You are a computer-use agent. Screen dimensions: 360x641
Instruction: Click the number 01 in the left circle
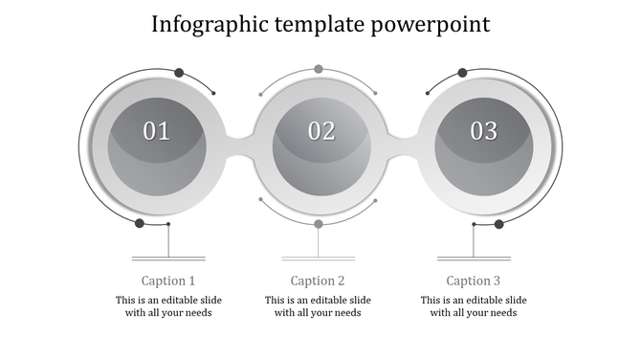click(156, 131)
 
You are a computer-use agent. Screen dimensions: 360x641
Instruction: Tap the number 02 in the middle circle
click(321, 131)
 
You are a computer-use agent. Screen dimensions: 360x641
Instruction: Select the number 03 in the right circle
click(483, 131)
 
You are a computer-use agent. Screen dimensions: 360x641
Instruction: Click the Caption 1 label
click(168, 281)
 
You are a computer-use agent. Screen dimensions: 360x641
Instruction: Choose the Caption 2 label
click(318, 281)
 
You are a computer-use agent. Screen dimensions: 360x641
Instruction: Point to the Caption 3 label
click(474, 281)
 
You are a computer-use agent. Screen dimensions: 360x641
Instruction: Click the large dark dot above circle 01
click(179, 72)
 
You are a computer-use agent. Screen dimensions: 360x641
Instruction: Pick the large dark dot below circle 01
click(140, 223)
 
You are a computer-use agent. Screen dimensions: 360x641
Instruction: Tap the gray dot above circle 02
click(319, 69)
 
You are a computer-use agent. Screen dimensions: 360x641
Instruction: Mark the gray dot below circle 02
click(319, 223)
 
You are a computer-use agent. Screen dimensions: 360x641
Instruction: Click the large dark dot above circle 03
click(462, 72)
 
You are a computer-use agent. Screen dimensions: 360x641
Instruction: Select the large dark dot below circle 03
click(498, 224)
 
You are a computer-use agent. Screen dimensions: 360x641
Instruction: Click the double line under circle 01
click(168, 258)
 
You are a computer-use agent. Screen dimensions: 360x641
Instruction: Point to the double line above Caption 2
click(319, 258)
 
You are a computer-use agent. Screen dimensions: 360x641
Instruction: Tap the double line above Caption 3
click(474, 258)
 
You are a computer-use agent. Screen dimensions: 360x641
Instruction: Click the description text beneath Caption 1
click(168, 306)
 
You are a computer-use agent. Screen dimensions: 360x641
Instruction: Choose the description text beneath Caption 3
click(474, 306)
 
